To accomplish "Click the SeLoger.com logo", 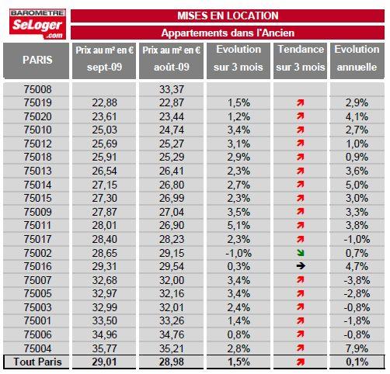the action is coord(37,24).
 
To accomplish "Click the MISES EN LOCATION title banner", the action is coord(228,16).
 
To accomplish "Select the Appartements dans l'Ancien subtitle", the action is coord(228,33).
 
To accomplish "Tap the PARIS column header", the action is coord(37,61).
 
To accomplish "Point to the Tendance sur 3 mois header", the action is coord(301,58).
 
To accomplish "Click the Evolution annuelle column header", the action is coord(357,58).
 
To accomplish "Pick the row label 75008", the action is coord(38,89).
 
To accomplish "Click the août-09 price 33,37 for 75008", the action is coord(172,89).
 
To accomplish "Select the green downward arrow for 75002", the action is coord(301,253).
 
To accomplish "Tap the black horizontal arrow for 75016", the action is coord(301,266).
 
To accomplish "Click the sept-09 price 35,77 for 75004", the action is coord(104,348).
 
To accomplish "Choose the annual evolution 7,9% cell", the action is coord(357,348).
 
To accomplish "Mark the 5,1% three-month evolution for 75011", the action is coord(239,225).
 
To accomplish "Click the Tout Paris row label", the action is coord(38,362).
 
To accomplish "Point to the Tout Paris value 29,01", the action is coord(104,362).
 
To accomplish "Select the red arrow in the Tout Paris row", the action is coord(301,362).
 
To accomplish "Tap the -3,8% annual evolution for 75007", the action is coord(357,280).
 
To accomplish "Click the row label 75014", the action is coord(38,185).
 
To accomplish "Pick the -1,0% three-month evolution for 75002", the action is coord(239,253).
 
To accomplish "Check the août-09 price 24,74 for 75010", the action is coord(172,130).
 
